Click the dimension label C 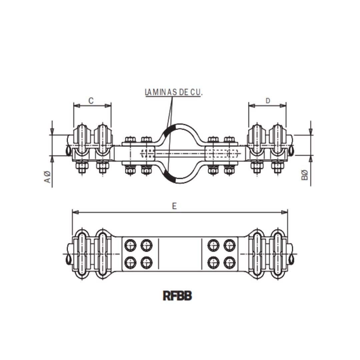tap(91, 101)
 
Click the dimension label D tap(268, 101)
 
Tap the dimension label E tap(174, 206)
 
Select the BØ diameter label tap(304, 175)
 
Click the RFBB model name tap(177, 296)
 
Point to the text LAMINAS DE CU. tap(174, 92)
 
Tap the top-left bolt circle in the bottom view tap(130, 246)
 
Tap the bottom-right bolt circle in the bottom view tap(229, 263)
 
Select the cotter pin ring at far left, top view tap(68, 151)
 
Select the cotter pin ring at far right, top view tap(292, 151)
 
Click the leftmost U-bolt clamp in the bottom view tap(81, 254)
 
